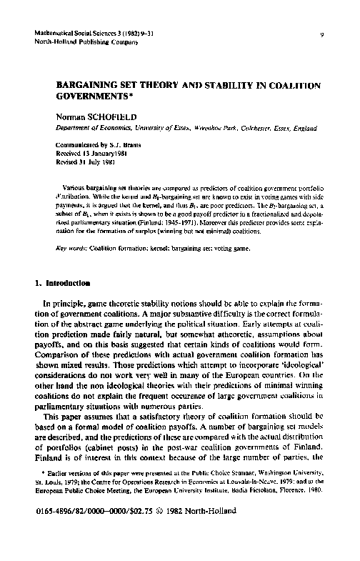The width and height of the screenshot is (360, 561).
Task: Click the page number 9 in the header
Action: pyautogui.click(x=323, y=34)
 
